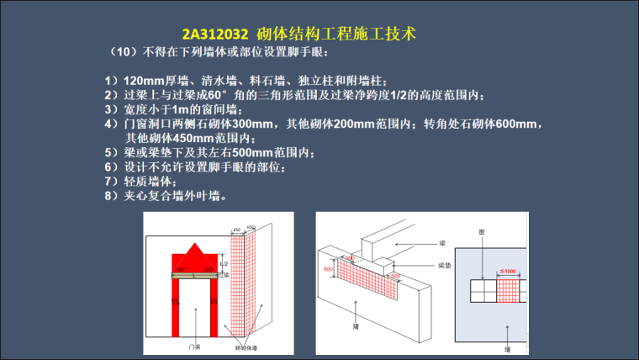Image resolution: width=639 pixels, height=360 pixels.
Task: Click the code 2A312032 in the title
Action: click(214, 34)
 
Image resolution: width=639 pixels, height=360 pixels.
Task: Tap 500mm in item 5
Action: click(251, 153)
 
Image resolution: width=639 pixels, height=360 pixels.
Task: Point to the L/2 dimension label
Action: click(223, 263)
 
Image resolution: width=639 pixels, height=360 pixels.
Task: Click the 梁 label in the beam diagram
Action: click(442, 243)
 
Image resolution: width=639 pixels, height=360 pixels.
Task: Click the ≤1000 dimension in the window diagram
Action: click(509, 270)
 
